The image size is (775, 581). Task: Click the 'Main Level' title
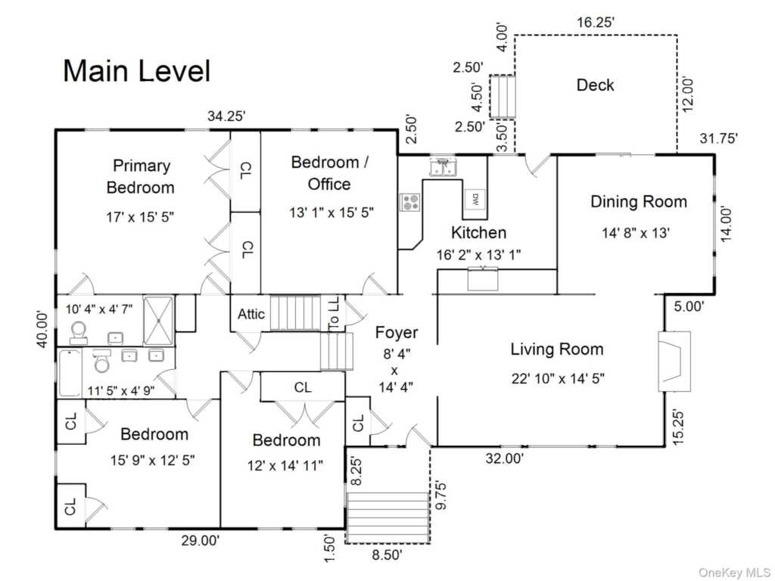[x=137, y=70]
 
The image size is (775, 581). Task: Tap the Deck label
[x=595, y=85]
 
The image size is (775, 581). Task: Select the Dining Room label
[x=639, y=201]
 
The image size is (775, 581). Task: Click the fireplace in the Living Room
[x=674, y=362]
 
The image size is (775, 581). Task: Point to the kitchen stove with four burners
[x=410, y=202]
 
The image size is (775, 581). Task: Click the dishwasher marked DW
[x=475, y=200]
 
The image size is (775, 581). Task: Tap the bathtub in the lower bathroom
[x=70, y=373]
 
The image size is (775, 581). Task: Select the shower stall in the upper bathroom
[x=158, y=320]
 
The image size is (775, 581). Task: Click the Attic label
[x=251, y=314]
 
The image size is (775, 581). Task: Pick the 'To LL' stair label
[x=334, y=313]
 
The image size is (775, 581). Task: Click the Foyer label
[x=397, y=333]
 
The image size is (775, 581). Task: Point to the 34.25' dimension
[x=226, y=116]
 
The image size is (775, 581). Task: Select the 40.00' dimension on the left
[x=42, y=329]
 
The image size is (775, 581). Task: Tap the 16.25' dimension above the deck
[x=596, y=22]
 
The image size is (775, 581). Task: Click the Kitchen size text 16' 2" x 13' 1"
[x=478, y=255]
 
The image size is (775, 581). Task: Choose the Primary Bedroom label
[x=141, y=176]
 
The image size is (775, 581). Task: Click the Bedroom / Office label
[x=329, y=173]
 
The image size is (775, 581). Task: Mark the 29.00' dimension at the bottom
[x=200, y=540]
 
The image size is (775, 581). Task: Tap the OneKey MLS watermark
[x=734, y=573]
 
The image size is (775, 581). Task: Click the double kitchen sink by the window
[x=444, y=166]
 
